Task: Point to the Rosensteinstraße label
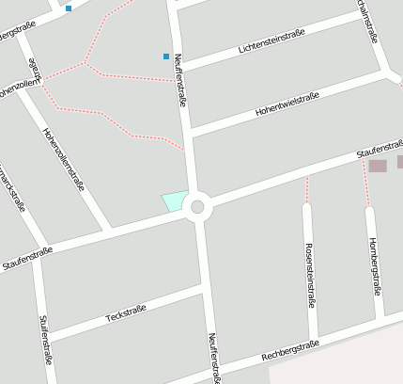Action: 309,275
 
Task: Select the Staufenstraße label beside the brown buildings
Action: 379,149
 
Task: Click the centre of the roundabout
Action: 197,207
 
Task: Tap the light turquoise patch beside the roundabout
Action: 174,200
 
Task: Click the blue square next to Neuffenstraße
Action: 166,56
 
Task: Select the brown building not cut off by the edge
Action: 378,166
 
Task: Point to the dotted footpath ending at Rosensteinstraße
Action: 307,188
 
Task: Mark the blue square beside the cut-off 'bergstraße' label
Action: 69,8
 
